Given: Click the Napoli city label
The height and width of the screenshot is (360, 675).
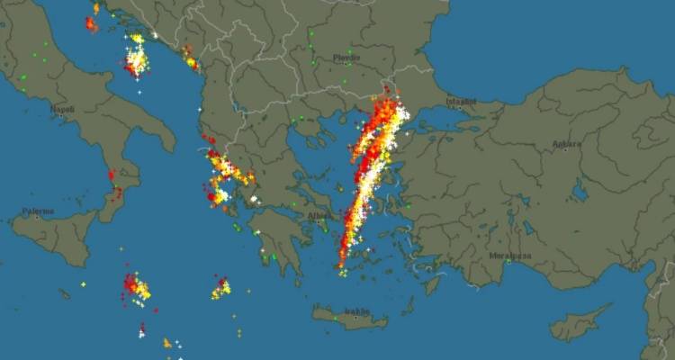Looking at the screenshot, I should [x=63, y=109].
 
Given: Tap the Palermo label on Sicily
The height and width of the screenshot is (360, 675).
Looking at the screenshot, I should [x=39, y=212].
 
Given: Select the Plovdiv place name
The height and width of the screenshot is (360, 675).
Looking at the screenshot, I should [x=346, y=58].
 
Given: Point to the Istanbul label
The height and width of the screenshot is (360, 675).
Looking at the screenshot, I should [x=461, y=103].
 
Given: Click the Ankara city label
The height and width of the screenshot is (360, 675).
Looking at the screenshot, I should [x=567, y=143].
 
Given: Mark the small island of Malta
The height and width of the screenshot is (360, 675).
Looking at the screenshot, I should [x=83, y=284].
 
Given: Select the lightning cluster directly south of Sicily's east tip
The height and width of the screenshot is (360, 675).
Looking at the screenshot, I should [x=137, y=288].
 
